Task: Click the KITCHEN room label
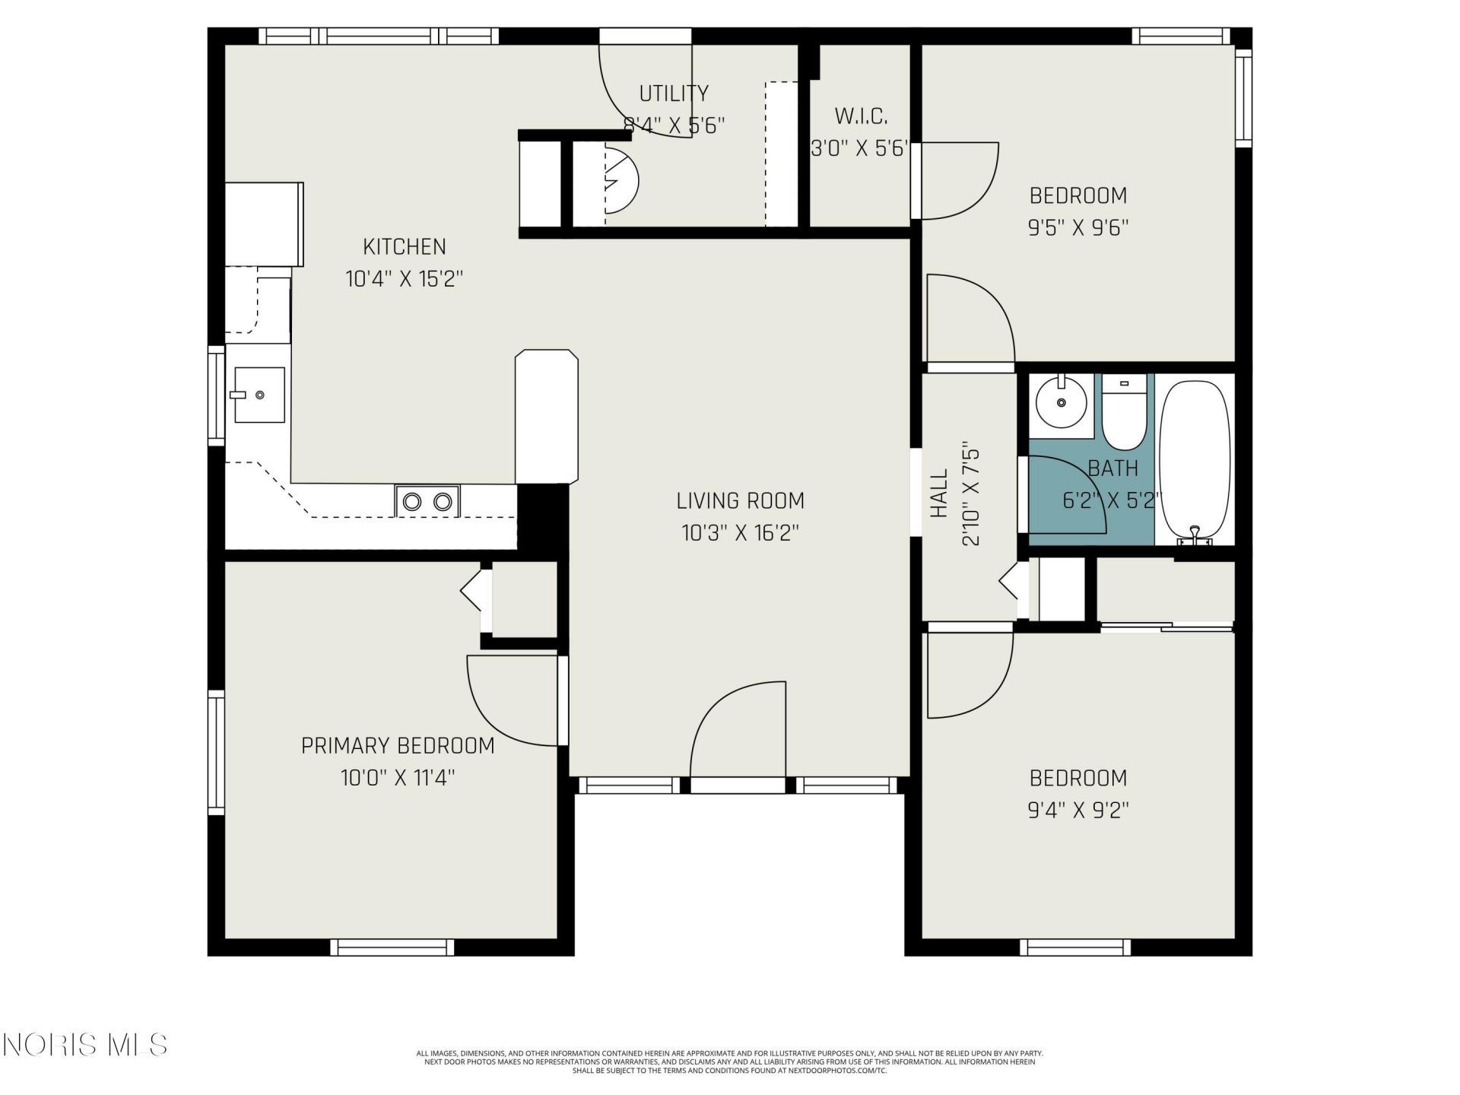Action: click(x=404, y=247)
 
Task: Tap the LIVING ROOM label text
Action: click(x=740, y=501)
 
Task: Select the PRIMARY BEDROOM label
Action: click(x=398, y=746)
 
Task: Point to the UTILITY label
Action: click(x=674, y=94)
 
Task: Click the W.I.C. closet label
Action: click(x=861, y=116)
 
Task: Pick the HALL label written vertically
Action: click(x=940, y=494)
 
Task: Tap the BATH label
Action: click(x=1112, y=468)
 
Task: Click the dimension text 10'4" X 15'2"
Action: click(x=404, y=279)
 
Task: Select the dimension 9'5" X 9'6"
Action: click(x=1078, y=228)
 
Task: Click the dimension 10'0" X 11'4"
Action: click(x=398, y=778)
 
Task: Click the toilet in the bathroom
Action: click(x=1124, y=412)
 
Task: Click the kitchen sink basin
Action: click(x=259, y=395)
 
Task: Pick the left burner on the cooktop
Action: click(x=412, y=502)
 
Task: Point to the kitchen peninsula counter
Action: click(x=547, y=417)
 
